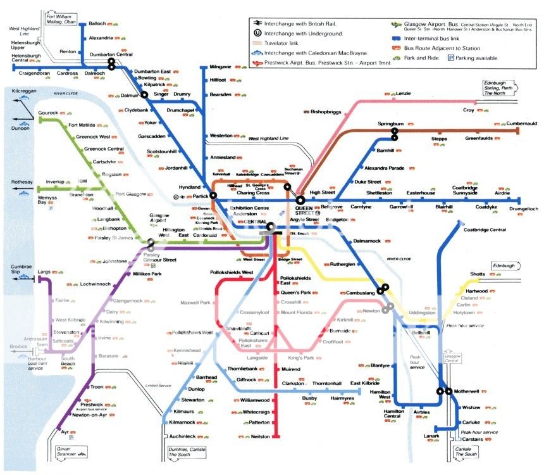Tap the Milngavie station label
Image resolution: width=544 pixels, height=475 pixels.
click(221, 66)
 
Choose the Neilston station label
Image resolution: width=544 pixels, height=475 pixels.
click(260, 436)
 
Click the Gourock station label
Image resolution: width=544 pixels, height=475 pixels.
click(48, 113)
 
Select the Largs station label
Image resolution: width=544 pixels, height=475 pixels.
click(44, 271)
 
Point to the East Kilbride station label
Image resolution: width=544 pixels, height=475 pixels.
click(364, 384)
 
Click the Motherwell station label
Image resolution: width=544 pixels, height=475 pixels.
click(469, 391)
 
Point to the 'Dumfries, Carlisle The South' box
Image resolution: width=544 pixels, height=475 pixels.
click(194, 452)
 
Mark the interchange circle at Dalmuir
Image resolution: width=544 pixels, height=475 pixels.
click(144, 95)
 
